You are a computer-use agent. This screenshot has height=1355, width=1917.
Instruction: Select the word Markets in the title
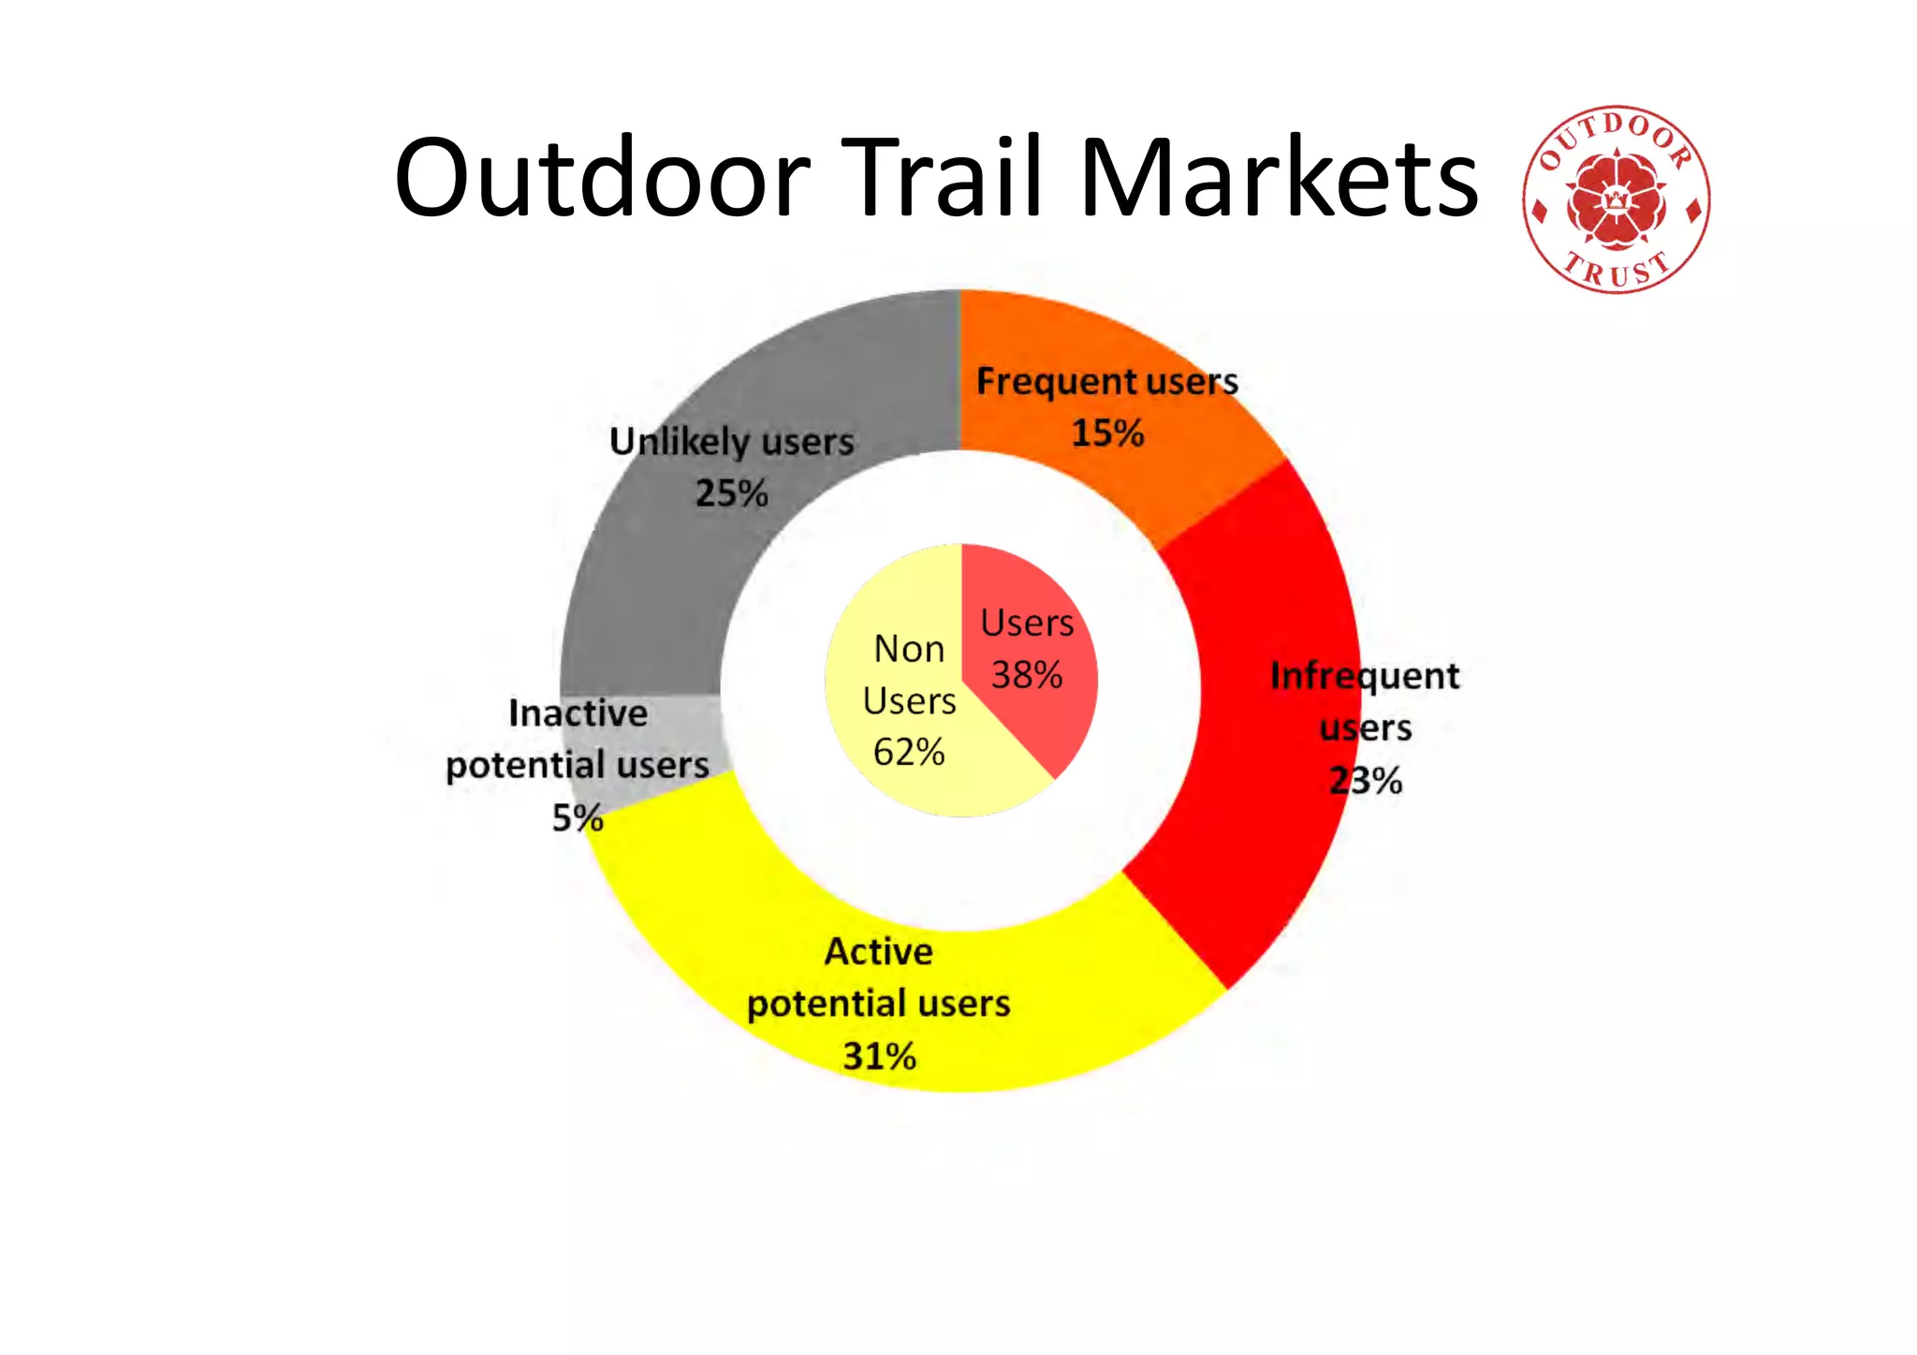(1278, 178)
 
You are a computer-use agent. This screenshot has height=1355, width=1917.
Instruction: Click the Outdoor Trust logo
(1616, 199)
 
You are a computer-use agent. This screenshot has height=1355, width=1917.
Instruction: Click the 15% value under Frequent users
(1107, 434)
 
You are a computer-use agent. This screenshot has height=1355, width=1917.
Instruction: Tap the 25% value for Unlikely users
(731, 493)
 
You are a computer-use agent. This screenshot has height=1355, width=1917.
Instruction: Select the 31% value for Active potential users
(879, 1056)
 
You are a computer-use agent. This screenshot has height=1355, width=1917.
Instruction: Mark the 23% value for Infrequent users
(1366, 781)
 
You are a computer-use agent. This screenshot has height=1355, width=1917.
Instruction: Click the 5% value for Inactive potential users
(577, 818)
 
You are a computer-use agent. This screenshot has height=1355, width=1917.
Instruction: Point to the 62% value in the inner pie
(909, 752)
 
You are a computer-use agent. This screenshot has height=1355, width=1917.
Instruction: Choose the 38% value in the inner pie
(1027, 675)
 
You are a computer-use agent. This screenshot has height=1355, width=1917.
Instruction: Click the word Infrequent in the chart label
(1365, 676)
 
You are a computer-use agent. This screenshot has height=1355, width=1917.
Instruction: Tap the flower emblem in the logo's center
(1616, 200)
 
